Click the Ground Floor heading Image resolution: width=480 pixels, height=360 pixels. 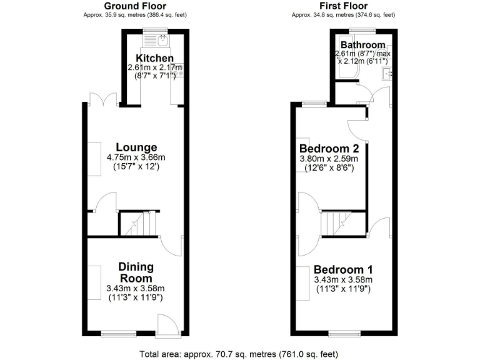click(134, 6)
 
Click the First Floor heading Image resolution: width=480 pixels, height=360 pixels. click(342, 6)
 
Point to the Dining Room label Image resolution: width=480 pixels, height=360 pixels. click(136, 272)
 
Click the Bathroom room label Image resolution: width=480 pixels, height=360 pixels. click(362, 45)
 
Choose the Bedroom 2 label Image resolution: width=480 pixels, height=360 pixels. click(329, 149)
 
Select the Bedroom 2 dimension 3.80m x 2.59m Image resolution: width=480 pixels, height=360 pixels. click(329, 159)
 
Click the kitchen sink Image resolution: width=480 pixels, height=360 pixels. click(161, 42)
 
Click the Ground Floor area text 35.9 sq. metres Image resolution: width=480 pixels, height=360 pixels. click(134, 14)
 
